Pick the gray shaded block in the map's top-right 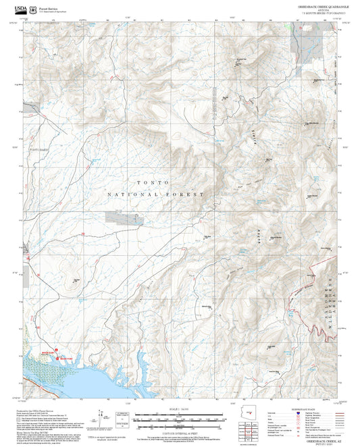[298, 43]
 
